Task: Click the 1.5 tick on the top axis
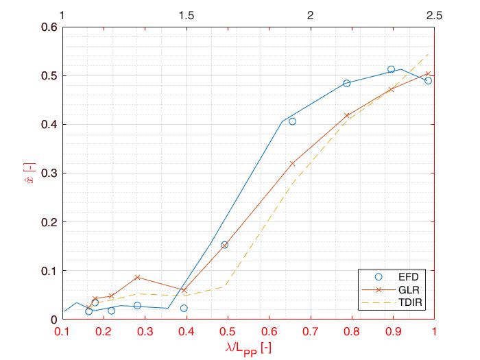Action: (186, 15)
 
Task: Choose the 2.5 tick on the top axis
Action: (434, 15)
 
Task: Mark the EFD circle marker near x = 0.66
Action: (292, 121)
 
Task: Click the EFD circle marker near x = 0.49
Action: (224, 245)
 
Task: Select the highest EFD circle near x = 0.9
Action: (391, 69)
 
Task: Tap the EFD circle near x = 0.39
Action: (184, 309)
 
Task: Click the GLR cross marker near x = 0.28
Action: (138, 278)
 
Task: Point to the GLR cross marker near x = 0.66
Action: (292, 164)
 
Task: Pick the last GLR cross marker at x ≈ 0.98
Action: (428, 74)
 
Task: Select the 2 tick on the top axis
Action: (310, 15)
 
